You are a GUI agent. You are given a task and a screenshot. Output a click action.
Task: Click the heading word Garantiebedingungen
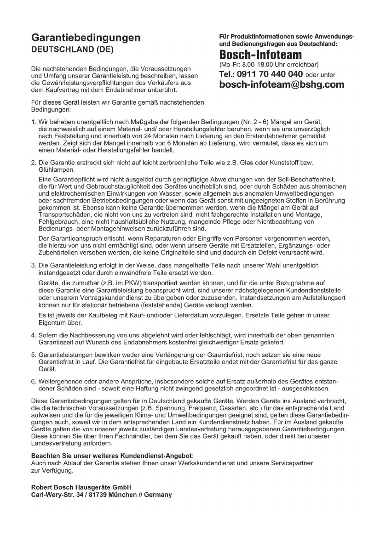point(86,38)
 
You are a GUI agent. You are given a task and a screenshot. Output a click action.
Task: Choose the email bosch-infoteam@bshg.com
point(282,85)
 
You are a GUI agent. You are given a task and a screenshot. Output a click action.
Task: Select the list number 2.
point(33,163)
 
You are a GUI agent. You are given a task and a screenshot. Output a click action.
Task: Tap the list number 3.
point(33,265)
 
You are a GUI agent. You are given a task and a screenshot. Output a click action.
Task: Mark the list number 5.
point(33,355)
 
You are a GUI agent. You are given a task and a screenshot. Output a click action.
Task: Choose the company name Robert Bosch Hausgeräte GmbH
point(81,487)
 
